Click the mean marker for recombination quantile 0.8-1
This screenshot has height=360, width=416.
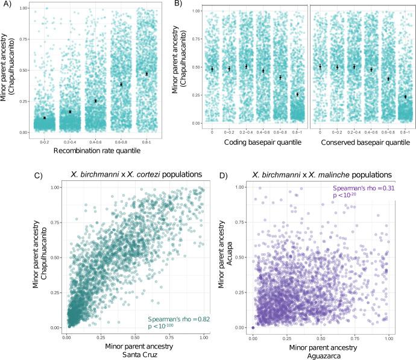(x=147, y=74)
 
